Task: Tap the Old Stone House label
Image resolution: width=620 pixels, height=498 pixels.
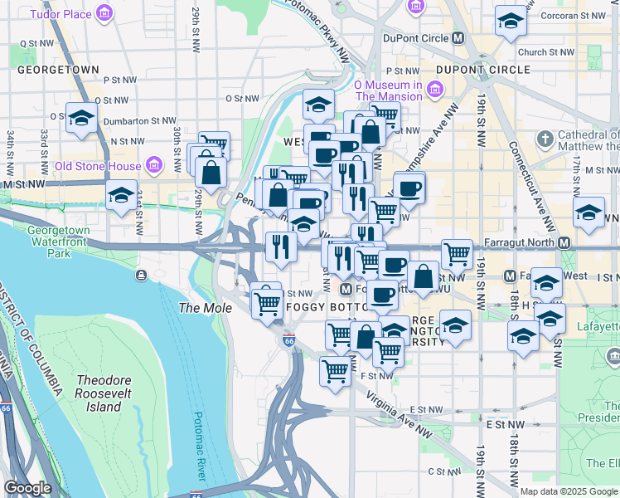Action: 97,165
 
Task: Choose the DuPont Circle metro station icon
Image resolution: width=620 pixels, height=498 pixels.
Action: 458,38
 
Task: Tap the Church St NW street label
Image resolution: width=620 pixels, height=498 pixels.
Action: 545,52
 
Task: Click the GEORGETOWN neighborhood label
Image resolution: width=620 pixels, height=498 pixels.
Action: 58,71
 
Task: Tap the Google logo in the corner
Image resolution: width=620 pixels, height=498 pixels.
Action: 27,488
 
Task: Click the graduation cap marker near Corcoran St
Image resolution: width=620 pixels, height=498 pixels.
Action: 511,21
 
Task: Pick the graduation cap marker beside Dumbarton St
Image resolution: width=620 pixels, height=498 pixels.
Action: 81,120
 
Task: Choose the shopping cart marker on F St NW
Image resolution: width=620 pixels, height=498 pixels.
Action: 334,370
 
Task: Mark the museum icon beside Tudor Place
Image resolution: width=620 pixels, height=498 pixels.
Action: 104,14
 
